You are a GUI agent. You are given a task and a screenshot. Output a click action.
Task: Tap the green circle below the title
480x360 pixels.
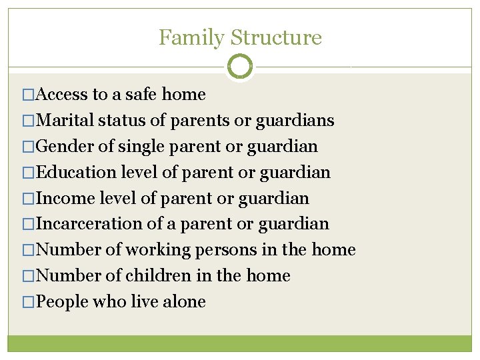[240, 67]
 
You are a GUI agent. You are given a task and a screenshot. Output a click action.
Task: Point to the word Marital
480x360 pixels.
[65, 121]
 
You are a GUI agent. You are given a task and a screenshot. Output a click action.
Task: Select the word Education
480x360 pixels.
[76, 172]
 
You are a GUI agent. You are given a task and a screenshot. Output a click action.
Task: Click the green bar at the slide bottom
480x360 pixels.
[240, 343]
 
